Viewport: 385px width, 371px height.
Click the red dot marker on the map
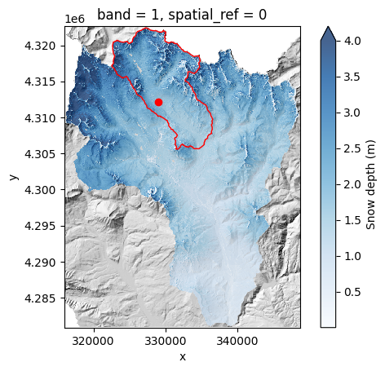tap(158, 102)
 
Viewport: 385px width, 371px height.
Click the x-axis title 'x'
tap(182, 356)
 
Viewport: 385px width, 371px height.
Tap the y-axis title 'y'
tap(13, 177)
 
